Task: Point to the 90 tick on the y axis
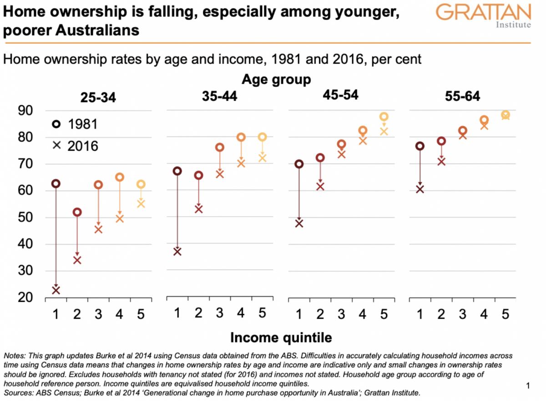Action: [26, 111]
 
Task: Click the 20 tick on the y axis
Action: [26, 298]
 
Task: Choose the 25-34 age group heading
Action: [98, 97]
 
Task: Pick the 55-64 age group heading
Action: [462, 97]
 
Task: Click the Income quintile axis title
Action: [281, 337]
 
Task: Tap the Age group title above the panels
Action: [276, 80]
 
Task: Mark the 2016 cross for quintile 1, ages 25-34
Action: [56, 290]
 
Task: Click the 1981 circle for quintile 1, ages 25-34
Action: [56, 183]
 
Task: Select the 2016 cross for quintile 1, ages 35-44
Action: [177, 251]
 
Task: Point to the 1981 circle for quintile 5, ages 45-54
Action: [384, 117]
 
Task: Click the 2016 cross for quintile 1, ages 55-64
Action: [420, 189]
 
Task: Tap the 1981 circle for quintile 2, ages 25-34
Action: [77, 212]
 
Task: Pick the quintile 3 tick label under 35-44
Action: [220, 313]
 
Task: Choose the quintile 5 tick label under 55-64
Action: [505, 313]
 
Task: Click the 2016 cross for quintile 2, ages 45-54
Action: [320, 186]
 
